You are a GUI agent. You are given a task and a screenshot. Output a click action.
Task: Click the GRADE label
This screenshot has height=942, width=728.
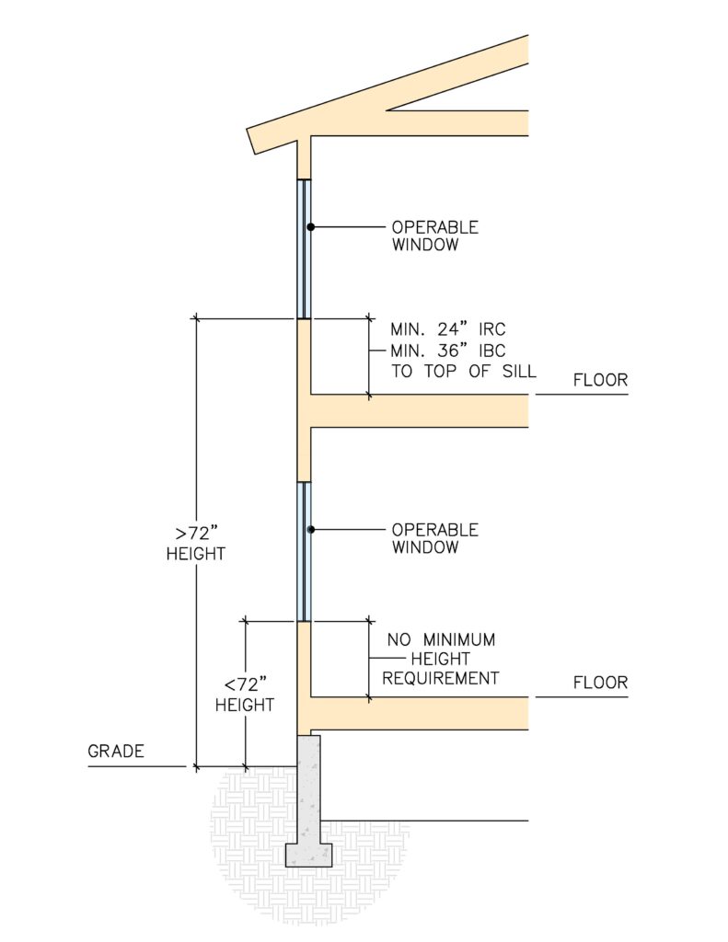[x=115, y=751]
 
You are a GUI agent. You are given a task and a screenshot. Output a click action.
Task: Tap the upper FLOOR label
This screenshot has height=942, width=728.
[x=600, y=380]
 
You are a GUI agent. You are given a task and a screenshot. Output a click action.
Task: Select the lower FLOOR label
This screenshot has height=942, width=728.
[x=600, y=683]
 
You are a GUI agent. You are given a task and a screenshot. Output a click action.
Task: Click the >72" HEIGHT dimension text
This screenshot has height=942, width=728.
[x=196, y=543]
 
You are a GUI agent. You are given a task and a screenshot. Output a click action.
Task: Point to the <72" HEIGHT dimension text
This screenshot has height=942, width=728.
[x=245, y=695]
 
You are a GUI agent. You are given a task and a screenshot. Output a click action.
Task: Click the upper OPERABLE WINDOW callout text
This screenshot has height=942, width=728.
[x=435, y=235]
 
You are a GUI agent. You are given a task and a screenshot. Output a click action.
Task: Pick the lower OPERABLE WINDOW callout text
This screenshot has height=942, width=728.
[x=435, y=538]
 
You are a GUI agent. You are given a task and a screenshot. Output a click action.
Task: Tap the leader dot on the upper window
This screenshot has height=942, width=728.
[x=311, y=227]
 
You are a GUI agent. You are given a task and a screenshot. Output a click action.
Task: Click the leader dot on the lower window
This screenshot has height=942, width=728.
[x=311, y=530]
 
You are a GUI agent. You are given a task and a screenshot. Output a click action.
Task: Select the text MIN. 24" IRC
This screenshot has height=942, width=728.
[x=448, y=329]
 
